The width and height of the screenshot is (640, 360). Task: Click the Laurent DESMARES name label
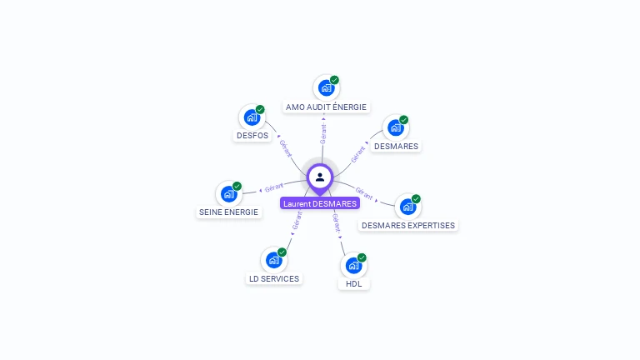pos(320,203)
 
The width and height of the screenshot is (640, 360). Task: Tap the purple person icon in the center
pos(320,177)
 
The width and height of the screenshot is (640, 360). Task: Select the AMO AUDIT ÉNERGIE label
pos(326,107)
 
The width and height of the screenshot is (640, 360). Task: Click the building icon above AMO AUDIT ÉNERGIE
pos(326,87)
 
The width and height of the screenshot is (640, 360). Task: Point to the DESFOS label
pos(252,135)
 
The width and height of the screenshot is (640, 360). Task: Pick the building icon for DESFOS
pos(252,117)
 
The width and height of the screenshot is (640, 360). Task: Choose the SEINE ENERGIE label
pos(229,212)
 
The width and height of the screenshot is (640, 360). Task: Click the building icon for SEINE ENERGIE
pos(228,194)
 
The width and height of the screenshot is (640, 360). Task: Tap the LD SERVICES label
pos(274,278)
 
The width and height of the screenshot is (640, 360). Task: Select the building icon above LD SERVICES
pos(273,260)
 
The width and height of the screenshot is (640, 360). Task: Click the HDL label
pos(354,283)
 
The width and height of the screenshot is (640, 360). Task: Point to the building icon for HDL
pos(353,266)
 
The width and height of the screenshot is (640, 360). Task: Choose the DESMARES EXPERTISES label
pos(408,225)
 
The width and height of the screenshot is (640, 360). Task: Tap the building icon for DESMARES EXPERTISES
pos(407,207)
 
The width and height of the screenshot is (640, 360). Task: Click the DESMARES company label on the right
pos(396,146)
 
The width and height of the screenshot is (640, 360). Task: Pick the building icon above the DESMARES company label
pos(395,127)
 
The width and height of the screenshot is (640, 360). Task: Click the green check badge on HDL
pos(362,257)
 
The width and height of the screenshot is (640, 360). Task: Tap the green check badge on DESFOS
pos(260,109)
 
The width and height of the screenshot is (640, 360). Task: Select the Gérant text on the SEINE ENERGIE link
pos(274,187)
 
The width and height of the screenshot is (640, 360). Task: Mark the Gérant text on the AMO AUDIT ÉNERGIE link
pos(323,132)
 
